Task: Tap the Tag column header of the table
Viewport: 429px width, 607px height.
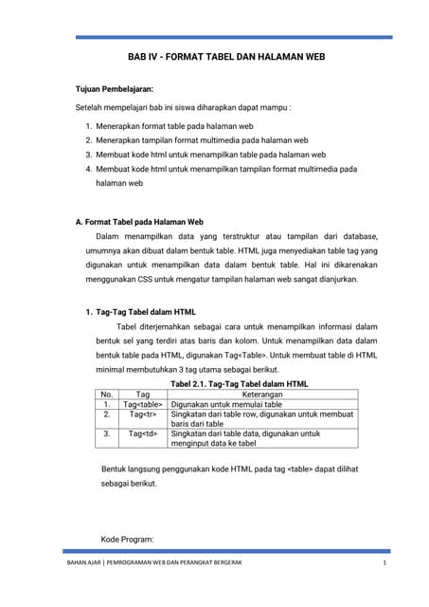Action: [x=143, y=394]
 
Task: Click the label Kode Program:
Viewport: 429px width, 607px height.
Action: [x=127, y=540]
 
